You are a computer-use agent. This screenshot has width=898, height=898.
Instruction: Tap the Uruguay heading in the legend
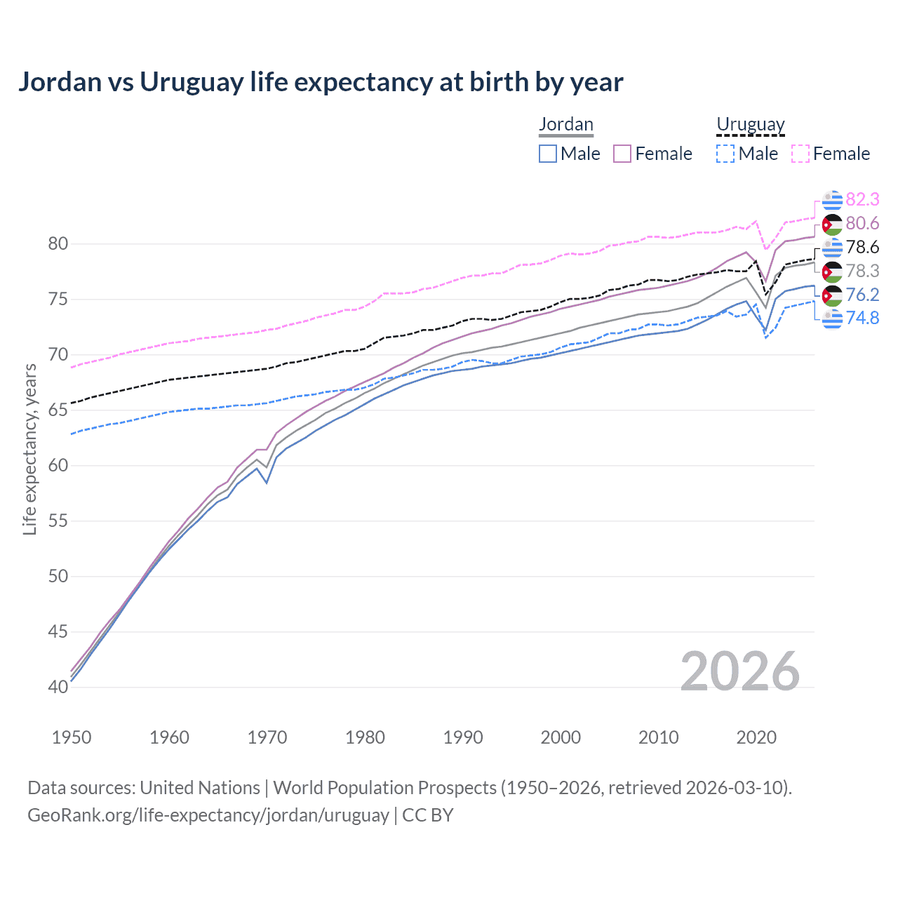click(x=750, y=125)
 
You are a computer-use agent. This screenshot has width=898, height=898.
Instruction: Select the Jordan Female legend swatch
click(x=622, y=154)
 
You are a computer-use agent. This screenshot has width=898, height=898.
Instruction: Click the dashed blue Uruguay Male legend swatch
click(x=725, y=154)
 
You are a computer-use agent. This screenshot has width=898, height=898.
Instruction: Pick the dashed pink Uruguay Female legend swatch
click(x=800, y=154)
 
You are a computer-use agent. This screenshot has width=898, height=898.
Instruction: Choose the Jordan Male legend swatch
click(x=548, y=154)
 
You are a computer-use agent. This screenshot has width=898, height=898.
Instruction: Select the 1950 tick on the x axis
click(x=72, y=737)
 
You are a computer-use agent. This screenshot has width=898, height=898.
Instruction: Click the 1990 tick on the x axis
click(x=463, y=737)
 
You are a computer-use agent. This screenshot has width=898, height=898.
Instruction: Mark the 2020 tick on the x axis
click(x=756, y=737)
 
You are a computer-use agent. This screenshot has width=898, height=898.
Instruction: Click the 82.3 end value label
click(x=862, y=200)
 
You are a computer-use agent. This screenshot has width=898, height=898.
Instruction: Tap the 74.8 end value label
click(x=862, y=319)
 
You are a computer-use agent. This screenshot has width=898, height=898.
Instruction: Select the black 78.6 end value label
click(x=862, y=248)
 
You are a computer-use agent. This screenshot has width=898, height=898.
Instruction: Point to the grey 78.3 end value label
click(x=862, y=271)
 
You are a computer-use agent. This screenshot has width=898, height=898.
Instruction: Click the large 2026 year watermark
click(x=739, y=672)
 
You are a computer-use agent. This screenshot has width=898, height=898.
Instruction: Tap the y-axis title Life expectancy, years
click(x=29, y=449)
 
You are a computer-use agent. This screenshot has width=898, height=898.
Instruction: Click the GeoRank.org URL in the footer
click(x=208, y=815)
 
